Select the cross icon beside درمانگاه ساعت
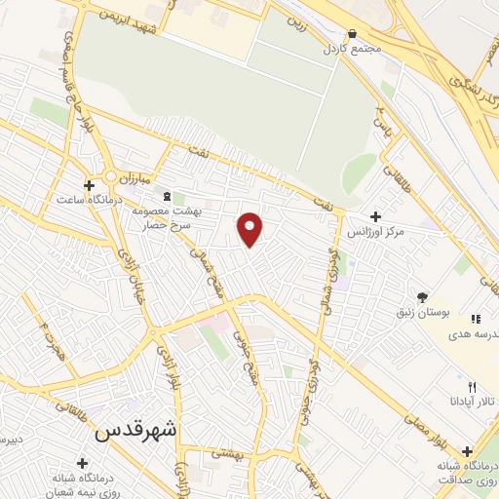[89, 184]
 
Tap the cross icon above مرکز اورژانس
[376, 216]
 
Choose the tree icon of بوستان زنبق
[421, 296]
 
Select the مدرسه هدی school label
[475, 332]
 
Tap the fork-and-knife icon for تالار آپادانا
[472, 388]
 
